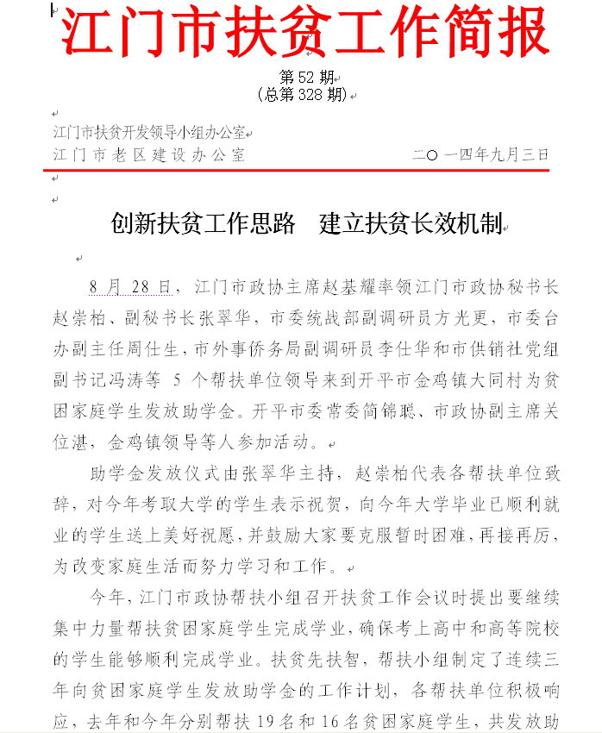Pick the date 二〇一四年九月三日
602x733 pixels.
pos(480,155)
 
